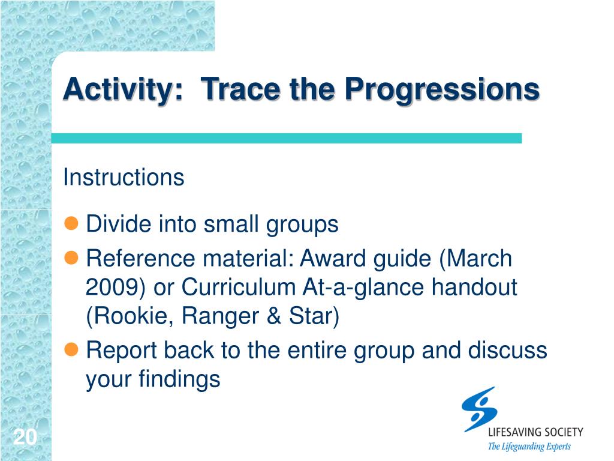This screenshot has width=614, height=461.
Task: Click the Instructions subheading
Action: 124,177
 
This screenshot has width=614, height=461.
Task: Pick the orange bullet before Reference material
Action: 71,258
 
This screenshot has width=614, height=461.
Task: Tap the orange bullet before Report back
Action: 71,349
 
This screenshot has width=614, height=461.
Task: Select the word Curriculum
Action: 238,287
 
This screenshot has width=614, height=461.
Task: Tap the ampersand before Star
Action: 273,316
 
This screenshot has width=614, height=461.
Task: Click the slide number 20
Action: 25,437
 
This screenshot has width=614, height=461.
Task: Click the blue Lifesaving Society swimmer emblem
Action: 479,409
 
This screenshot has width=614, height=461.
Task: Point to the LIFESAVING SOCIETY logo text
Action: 535,432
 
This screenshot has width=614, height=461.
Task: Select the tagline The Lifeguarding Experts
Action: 529,447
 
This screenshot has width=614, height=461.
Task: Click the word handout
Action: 475,287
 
